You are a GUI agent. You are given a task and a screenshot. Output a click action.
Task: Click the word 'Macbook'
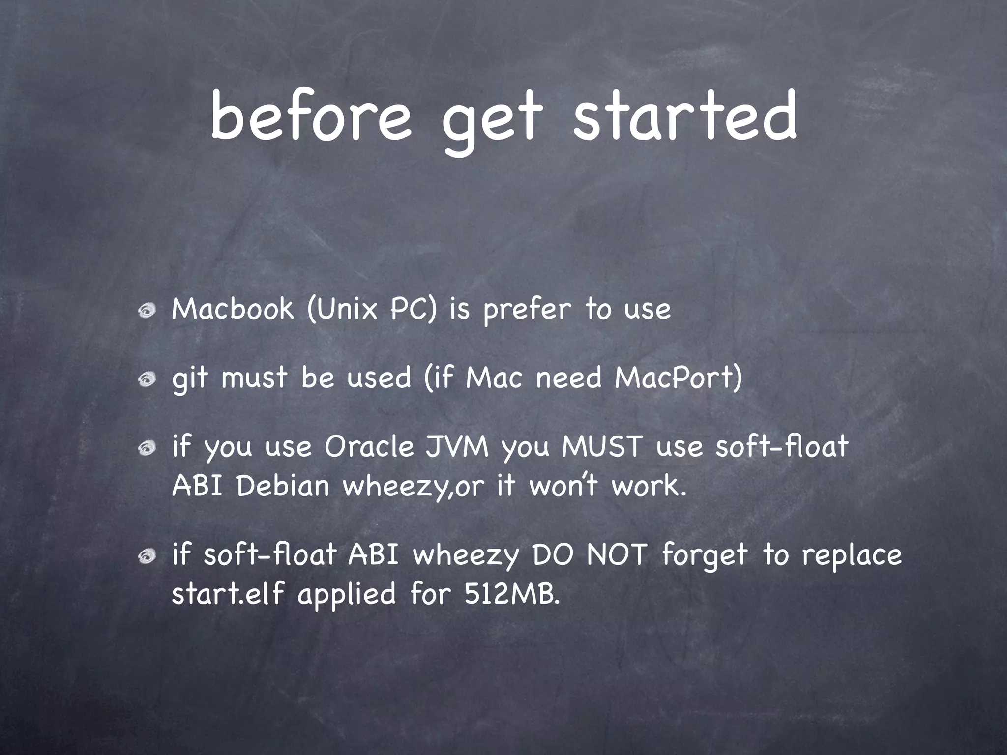pyautogui.click(x=233, y=309)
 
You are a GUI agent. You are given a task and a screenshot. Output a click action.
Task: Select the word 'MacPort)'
pyautogui.click(x=678, y=378)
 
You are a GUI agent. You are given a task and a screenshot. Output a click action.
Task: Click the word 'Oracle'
pyautogui.click(x=369, y=447)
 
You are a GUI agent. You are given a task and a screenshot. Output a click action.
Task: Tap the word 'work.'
pyautogui.click(x=649, y=486)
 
